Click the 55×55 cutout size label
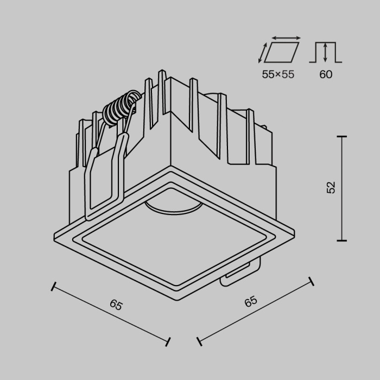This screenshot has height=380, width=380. click(278, 74)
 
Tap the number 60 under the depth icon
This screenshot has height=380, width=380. click(325, 74)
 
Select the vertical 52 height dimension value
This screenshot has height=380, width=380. click(331, 187)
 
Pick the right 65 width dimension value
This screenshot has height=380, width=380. click(250, 301)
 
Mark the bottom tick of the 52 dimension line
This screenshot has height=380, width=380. click(341, 240)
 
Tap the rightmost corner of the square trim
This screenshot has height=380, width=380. click(294, 235)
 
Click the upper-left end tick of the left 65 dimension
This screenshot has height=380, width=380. click(53, 286)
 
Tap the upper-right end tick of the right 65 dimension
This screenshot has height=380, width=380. click(311, 281)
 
